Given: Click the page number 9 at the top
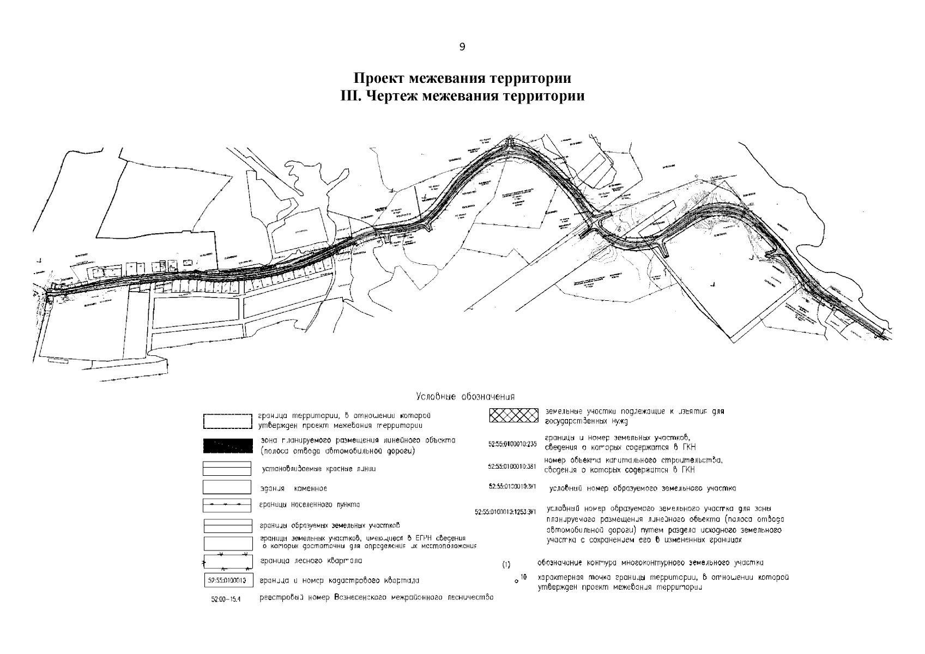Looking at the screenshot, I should tap(462, 47).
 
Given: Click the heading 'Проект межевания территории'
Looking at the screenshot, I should tap(462, 78).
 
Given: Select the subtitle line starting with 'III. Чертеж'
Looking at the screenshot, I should tap(462, 96).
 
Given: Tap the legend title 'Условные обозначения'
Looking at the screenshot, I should tap(465, 396).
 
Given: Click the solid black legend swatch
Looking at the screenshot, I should tap(227, 446).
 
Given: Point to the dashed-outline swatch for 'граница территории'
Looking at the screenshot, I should tap(227, 421).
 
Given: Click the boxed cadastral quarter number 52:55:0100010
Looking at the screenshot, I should tap(227, 580).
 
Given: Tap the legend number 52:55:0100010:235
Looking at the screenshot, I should tap(512, 443).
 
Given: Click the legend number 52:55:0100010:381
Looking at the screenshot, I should tap(512, 467).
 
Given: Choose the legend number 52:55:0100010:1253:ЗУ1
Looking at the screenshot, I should tap(506, 512).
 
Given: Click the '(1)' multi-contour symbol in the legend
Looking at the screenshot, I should tap(505, 565).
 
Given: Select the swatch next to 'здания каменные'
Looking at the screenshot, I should tap(227, 487).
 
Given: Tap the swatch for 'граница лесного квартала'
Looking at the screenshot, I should tap(227, 561).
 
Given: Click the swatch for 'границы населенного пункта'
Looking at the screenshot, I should tap(227, 505).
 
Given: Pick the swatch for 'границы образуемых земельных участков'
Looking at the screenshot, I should tap(227, 525).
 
